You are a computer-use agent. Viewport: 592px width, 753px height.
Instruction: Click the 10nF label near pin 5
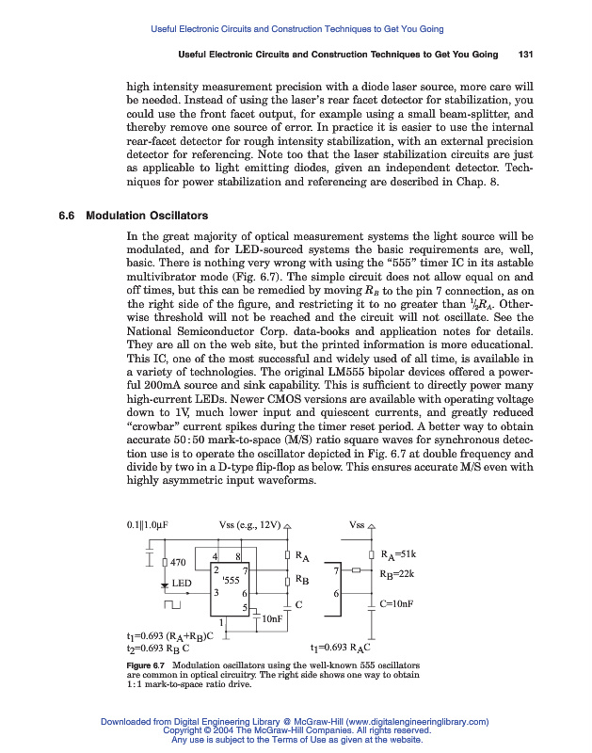click(273, 618)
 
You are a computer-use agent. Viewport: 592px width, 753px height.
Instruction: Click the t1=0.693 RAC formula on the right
click(344, 649)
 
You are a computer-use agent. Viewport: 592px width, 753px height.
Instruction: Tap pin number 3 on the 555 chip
click(216, 592)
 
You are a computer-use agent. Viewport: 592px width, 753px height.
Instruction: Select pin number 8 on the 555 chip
click(238, 558)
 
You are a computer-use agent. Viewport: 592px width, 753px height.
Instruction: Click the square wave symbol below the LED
click(172, 604)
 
